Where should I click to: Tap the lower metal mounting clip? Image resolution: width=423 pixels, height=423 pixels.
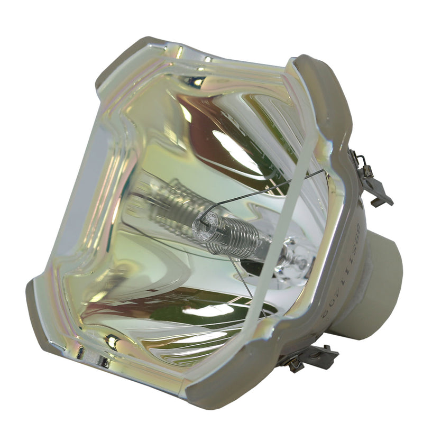312,357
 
